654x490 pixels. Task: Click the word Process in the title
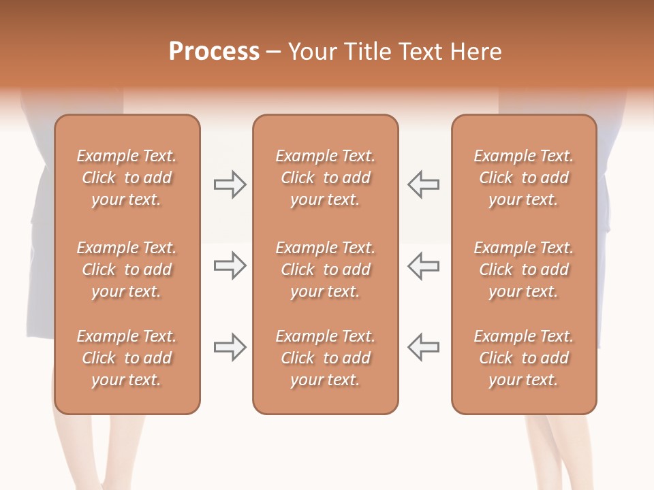tap(214, 52)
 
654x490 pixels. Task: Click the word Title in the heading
tap(367, 52)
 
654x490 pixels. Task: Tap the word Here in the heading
tap(477, 52)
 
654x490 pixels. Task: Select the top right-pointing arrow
tap(230, 184)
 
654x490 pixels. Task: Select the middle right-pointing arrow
tap(230, 265)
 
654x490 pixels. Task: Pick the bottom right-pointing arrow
tap(230, 347)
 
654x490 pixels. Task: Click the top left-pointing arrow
tap(423, 184)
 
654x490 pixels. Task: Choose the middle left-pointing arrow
tap(423, 265)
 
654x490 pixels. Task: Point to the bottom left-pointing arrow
tap(423, 347)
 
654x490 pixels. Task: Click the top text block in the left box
tap(127, 178)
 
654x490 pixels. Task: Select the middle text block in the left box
tap(127, 269)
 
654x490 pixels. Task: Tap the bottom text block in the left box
tap(127, 358)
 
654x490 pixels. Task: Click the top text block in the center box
tap(325, 178)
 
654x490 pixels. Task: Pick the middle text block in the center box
tap(325, 269)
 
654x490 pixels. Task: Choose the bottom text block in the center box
tap(325, 358)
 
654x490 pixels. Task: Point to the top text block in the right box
tap(524, 178)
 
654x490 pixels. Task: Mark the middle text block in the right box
tap(524, 269)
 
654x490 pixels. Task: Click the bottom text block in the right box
tap(524, 358)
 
